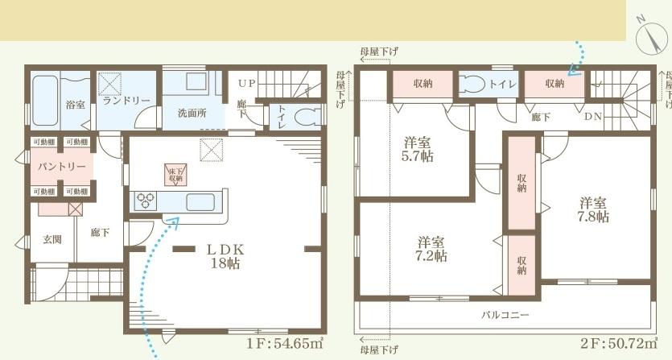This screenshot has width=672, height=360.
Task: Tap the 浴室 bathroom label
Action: (x=75, y=105)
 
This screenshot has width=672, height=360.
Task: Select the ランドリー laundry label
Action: (x=126, y=100)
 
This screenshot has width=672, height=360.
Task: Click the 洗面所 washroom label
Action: (x=192, y=113)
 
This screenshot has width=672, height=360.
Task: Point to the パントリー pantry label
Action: (x=61, y=166)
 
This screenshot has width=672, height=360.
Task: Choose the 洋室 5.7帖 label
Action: (x=418, y=150)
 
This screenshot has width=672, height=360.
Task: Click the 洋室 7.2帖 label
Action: (x=432, y=249)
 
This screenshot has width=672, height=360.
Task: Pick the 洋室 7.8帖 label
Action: (x=592, y=209)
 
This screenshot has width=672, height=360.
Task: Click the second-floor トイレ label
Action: (x=502, y=83)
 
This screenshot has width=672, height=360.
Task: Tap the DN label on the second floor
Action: (x=592, y=117)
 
